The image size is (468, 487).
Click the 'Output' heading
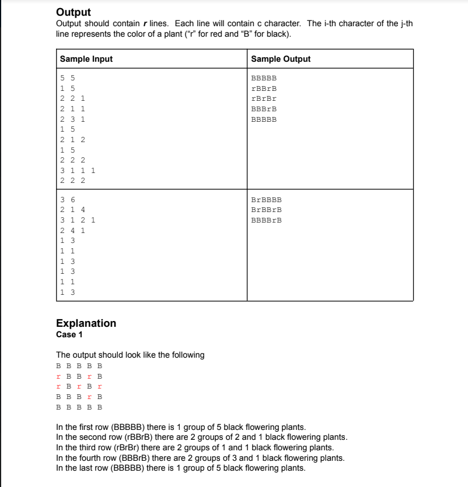[74, 12]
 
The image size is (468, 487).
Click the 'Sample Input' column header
[86, 59]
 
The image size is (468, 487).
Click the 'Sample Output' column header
[281, 59]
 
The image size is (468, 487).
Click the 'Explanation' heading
[86, 323]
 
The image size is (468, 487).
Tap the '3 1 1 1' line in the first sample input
[78, 171]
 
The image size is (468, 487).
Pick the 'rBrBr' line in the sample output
[264, 99]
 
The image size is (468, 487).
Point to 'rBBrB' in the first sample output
[264, 89]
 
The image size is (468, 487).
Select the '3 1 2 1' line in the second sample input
[78, 221]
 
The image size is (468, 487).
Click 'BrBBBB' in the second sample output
[266, 200]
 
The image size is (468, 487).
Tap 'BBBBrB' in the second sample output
[266, 221]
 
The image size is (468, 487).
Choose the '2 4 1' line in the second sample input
[73, 231]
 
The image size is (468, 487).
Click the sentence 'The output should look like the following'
[130, 355]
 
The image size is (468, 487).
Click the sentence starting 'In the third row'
[195, 447]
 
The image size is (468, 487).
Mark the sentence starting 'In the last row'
[180, 468]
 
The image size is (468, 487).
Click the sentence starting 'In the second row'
[201, 437]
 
